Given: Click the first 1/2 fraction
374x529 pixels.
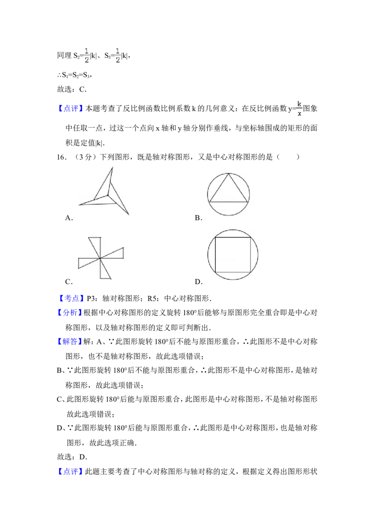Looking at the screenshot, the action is click(x=86, y=55).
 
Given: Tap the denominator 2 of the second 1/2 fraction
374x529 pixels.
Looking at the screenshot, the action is click(x=118, y=59).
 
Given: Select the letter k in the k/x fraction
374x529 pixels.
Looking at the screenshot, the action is click(x=299, y=104).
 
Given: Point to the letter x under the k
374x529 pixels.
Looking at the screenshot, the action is click(x=299, y=114).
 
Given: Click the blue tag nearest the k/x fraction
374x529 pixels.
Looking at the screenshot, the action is click(x=70, y=108).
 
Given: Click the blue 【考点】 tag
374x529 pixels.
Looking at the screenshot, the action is click(x=72, y=298).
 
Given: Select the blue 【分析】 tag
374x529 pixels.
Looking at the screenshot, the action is click(x=69, y=313).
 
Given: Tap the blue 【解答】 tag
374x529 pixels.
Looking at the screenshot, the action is click(x=69, y=342).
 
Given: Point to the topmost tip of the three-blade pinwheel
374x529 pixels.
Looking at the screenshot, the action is click(x=112, y=167).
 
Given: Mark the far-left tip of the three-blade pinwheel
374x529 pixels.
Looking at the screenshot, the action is click(x=79, y=204).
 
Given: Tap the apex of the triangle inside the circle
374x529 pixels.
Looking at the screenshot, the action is click(x=229, y=174).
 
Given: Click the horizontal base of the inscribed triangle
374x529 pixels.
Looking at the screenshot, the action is click(x=229, y=201).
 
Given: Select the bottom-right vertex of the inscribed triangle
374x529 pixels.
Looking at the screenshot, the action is click(x=248, y=201).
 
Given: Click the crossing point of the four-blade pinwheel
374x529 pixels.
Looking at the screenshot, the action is click(x=100, y=258).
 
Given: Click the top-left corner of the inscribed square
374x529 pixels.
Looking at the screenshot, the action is click(x=215, y=237).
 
